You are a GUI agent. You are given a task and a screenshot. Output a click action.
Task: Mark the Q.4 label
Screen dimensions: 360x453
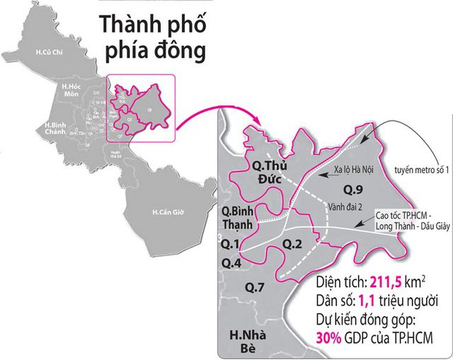click(231, 263)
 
